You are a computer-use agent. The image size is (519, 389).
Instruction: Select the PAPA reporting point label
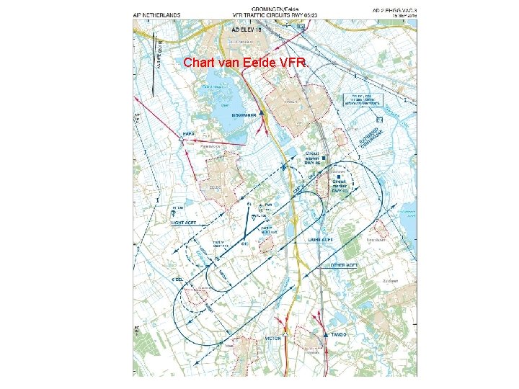tap(190, 134)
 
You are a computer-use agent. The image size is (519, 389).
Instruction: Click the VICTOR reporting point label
tap(274, 338)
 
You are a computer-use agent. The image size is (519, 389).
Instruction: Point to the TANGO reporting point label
tap(340, 335)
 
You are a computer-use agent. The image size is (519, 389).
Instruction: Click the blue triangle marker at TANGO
tap(327, 335)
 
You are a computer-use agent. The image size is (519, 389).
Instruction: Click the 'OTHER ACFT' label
tap(345, 266)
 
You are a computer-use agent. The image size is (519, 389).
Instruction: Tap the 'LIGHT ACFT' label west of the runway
tap(184, 223)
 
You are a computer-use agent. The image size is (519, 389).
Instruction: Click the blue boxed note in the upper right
tap(366, 100)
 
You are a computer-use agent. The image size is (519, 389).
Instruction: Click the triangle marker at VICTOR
tap(286, 335)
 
